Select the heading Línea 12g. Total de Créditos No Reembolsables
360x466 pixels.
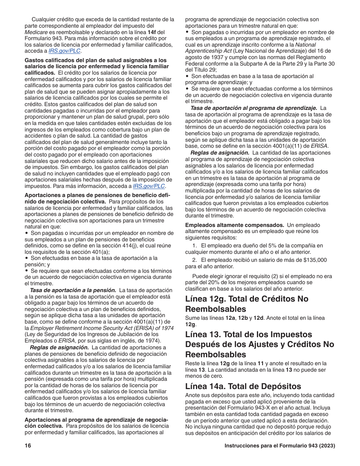click(x=247, y=303)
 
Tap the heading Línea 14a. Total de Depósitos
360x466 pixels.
click(x=243, y=386)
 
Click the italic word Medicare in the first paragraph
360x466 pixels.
click(x=36, y=32)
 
